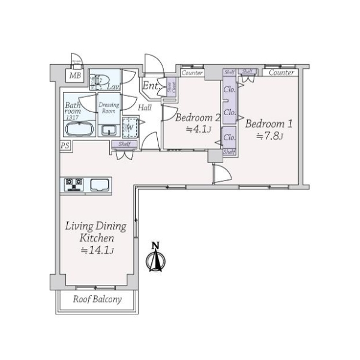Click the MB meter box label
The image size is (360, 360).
[x=74, y=76]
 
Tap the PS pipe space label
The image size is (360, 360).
[x=64, y=145]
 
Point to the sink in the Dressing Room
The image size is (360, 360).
[x=109, y=131]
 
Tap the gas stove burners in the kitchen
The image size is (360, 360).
[x=73, y=184]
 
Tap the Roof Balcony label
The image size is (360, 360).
[x=97, y=299]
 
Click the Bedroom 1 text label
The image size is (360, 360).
[x=269, y=124]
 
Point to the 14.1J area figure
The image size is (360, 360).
[x=97, y=250]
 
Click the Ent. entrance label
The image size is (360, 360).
[x=150, y=86]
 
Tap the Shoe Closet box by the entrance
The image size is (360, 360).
[x=170, y=88]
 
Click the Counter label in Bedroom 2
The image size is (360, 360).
[x=192, y=73]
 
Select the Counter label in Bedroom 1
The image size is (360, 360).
[x=281, y=73]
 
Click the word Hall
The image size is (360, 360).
[x=145, y=107]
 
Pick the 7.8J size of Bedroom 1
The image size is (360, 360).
[x=269, y=136]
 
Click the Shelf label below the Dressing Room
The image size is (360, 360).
[x=125, y=144]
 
